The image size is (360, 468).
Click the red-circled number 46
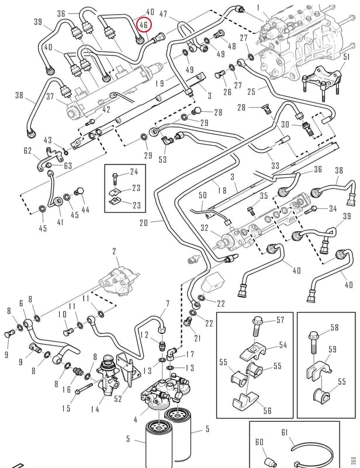point(143,25)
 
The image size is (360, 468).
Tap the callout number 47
point(163,13)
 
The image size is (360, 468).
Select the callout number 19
point(160,83)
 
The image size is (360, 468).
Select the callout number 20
point(143,223)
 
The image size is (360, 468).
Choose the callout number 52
point(118,399)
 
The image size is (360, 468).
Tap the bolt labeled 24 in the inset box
point(116,180)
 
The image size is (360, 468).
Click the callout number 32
point(205,228)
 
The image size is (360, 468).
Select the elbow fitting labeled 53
point(165,140)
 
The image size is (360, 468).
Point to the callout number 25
point(251,91)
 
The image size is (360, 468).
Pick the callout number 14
point(95,409)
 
